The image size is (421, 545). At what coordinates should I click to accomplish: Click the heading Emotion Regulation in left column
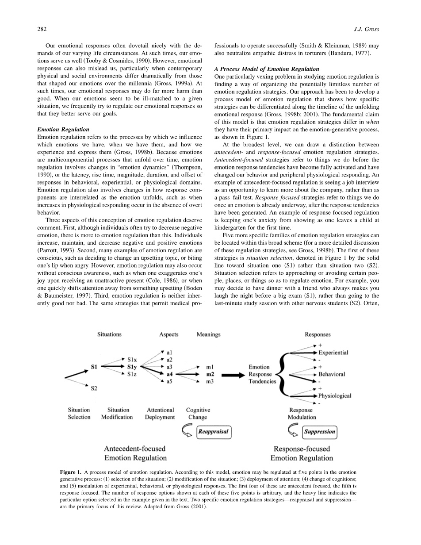(x=63, y=130)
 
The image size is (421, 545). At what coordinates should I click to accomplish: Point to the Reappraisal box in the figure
(x=214, y=431)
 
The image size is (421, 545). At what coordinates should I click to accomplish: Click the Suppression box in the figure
(x=320, y=431)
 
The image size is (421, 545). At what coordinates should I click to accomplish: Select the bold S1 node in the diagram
(x=94, y=367)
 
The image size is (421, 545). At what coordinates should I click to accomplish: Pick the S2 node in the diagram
(x=94, y=388)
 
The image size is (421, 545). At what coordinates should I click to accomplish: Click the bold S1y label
(x=132, y=367)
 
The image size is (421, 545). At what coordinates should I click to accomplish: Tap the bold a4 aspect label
(x=169, y=374)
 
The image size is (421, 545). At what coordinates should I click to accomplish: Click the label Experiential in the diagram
(x=333, y=353)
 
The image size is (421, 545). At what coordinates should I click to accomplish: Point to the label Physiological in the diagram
(x=335, y=396)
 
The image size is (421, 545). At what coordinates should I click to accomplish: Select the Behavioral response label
(x=332, y=374)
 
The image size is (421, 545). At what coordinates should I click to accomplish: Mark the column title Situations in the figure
(x=109, y=334)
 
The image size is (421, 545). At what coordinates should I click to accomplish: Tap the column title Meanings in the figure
(x=208, y=334)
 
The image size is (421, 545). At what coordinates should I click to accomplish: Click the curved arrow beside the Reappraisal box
(x=188, y=430)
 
